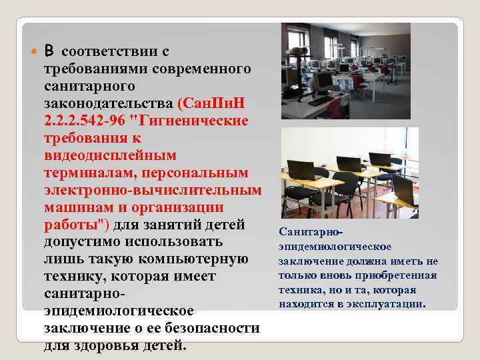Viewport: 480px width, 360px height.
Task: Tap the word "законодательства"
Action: (x=109, y=103)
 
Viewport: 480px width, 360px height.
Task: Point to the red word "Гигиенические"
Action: (x=197, y=121)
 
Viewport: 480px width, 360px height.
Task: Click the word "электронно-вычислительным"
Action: (x=151, y=190)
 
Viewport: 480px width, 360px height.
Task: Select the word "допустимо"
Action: (x=82, y=241)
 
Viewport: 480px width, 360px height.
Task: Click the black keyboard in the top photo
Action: (x=318, y=101)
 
